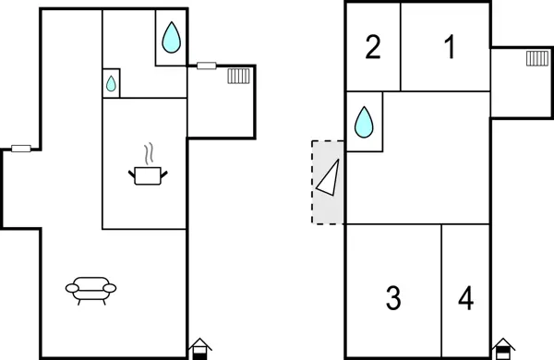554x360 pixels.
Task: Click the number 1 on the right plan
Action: (450, 47)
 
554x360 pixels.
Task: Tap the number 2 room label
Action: (373, 47)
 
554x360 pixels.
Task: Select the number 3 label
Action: (393, 298)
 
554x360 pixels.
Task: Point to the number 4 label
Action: (466, 298)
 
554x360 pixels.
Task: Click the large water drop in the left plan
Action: (171, 38)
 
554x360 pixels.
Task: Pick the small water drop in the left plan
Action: (111, 83)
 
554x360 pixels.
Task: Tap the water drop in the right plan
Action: (365, 120)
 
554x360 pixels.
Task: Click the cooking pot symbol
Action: (148, 174)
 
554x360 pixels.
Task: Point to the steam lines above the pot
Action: (148, 152)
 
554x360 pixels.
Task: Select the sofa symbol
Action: (92, 291)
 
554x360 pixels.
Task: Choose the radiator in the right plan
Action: (536, 59)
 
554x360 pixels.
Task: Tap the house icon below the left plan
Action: (199, 348)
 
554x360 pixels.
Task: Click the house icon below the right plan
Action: (501, 348)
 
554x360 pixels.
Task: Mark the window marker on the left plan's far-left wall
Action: (21, 148)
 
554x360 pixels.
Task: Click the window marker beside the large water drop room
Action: (207, 66)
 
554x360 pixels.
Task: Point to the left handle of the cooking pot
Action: (132, 171)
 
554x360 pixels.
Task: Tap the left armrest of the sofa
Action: (71, 289)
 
